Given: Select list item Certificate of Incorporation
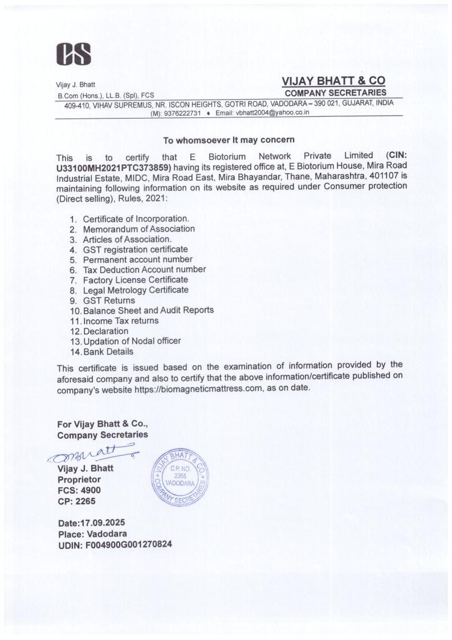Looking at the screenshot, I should tap(136, 218).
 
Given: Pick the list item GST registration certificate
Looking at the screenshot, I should tap(135, 249).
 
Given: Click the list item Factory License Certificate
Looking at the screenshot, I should tap(135, 280).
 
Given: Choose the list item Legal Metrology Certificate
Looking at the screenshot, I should tap(135, 290).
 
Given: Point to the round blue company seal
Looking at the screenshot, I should tap(178, 477).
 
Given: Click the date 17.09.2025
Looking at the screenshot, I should tap(101, 523).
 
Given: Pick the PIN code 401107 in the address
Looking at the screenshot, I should tap(373, 177).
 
